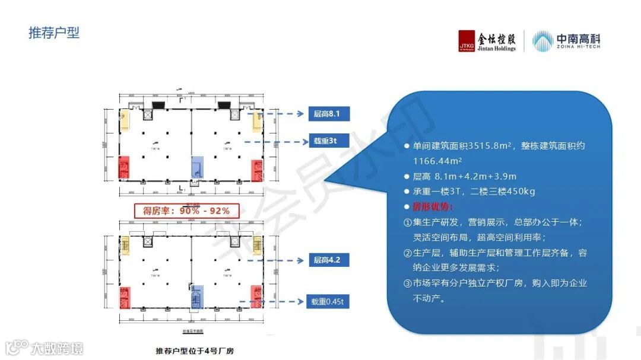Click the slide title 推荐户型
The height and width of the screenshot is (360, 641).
(x=54, y=33)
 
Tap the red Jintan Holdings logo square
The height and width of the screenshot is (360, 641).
(x=467, y=41)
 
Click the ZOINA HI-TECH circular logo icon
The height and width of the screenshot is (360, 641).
(x=542, y=41)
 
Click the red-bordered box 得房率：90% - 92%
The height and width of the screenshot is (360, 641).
(x=182, y=211)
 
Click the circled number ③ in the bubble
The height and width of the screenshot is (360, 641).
(x=408, y=283)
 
